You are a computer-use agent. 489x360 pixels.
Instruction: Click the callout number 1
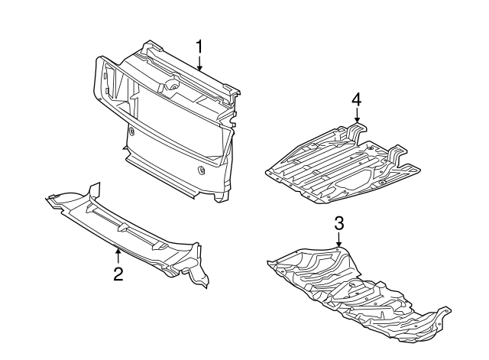click(x=199, y=47)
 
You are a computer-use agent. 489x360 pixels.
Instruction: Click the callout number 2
click(x=118, y=274)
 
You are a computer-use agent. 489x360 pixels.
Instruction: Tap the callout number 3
click(x=339, y=223)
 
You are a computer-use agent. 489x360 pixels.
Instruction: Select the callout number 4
click(x=356, y=100)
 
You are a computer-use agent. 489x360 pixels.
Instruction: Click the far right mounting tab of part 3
click(x=443, y=313)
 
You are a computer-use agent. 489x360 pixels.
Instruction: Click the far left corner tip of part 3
click(x=269, y=264)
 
